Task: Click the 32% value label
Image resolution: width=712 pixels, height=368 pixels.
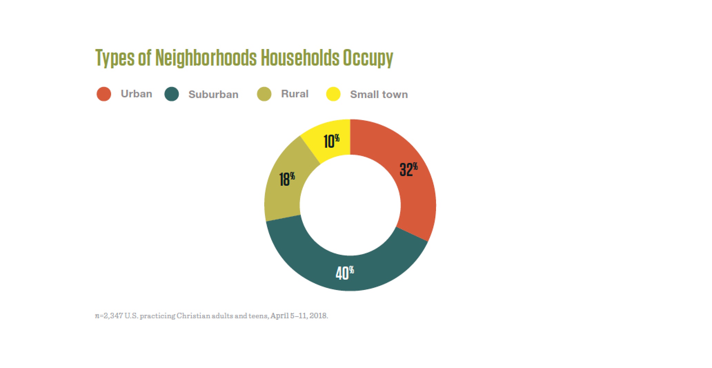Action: click(408, 170)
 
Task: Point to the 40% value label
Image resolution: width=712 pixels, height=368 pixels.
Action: click(345, 273)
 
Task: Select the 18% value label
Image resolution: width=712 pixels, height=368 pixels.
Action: click(287, 179)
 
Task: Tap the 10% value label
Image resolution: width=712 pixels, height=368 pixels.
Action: click(331, 141)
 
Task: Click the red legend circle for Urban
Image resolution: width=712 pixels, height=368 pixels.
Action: click(104, 94)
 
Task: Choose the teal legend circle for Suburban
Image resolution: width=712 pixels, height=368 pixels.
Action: click(172, 94)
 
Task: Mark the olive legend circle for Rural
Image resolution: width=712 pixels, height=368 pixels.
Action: click(264, 94)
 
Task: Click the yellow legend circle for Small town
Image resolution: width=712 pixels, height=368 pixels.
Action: click(333, 94)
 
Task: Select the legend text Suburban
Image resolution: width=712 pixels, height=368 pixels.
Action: click(213, 94)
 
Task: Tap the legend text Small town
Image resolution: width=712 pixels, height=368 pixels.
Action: click(379, 94)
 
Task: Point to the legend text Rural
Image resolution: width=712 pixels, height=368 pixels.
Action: click(295, 94)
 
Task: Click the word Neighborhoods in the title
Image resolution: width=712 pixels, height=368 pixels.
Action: click(206, 58)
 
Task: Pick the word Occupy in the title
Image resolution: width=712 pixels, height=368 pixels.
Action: click(368, 58)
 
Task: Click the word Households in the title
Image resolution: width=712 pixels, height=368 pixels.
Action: click(300, 58)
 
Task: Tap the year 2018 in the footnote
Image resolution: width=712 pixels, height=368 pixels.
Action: click(318, 316)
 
